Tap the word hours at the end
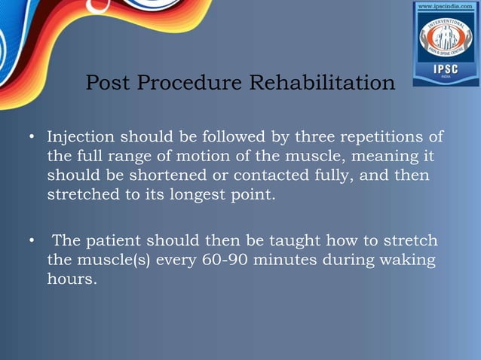69,280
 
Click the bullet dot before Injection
32,139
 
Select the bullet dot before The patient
32,242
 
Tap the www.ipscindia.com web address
446,7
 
